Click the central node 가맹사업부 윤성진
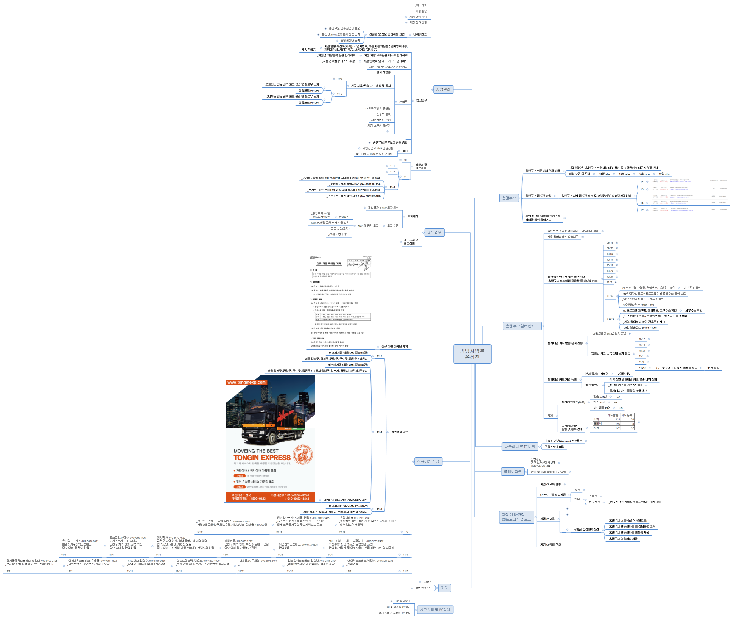(472, 354)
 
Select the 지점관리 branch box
(443, 89)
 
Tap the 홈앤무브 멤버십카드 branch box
(521, 326)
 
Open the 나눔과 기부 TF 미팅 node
(520, 447)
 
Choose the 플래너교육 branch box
(512, 472)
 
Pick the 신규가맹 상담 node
(428, 461)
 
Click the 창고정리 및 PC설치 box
(434, 610)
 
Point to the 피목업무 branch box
(434, 233)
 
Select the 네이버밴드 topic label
(420, 34)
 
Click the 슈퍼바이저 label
(420, 5)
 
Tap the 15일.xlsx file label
(624, 174)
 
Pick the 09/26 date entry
(610, 248)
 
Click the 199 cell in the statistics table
(617, 424)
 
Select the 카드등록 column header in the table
(626, 415)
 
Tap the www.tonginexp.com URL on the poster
(246, 382)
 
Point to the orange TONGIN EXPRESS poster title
(262, 458)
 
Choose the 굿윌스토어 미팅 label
(554, 447)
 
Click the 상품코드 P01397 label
(308, 103)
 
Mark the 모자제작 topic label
(412, 216)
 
